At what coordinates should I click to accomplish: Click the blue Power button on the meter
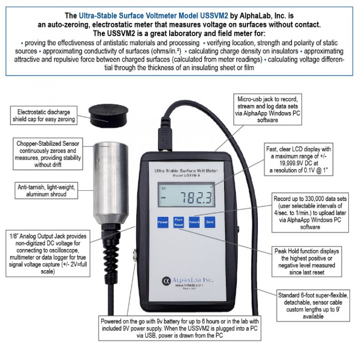click(163, 222)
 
